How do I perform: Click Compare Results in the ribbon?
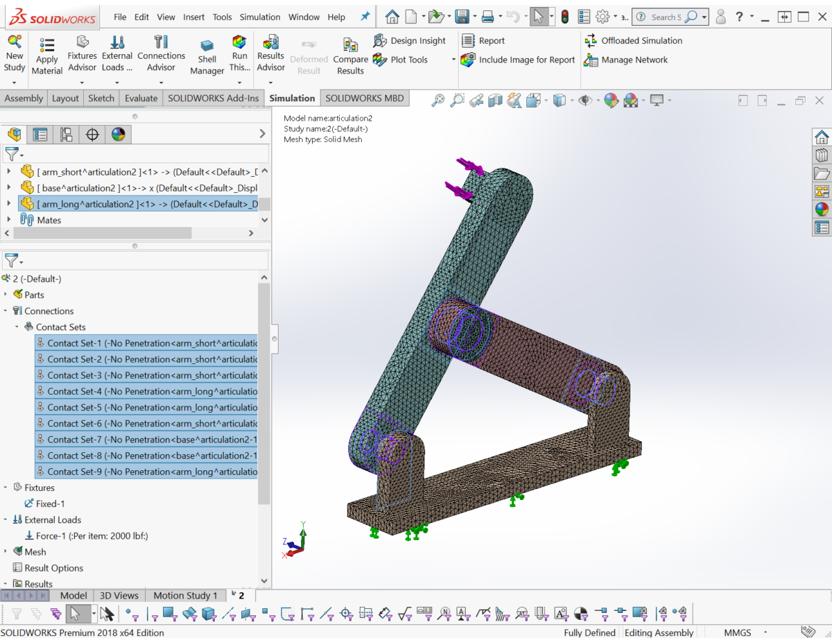point(350,55)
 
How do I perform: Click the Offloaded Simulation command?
point(634,41)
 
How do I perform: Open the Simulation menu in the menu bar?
point(260,17)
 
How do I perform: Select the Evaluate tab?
point(141,98)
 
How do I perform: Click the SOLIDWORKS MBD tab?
point(364,98)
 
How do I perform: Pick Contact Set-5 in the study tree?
point(146,408)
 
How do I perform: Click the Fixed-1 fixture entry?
point(50,504)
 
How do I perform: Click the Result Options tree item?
point(53,568)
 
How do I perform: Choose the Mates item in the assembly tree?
point(49,221)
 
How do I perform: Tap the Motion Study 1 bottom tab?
point(185,596)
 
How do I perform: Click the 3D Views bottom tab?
point(119,596)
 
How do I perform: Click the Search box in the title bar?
point(666,17)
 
